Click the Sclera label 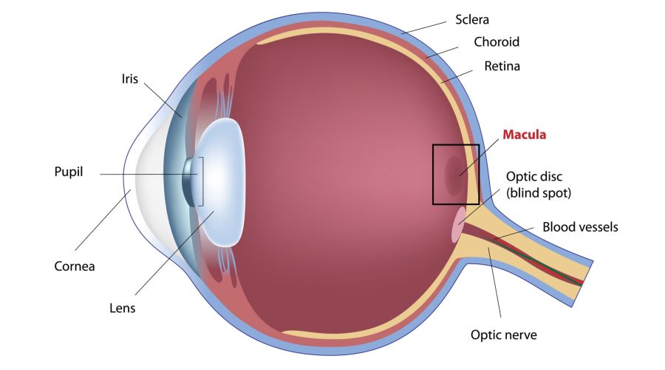(472, 19)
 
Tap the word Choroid (497, 41)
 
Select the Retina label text (502, 66)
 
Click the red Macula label (524, 135)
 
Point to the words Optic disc (534, 176)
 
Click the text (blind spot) (539, 193)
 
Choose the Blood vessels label (580, 227)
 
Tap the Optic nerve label (504, 334)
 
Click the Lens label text (122, 308)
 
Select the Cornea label (74, 266)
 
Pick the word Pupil (68, 172)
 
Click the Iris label (130, 79)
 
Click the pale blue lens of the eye (220, 181)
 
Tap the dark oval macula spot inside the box (455, 175)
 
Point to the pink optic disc (458, 224)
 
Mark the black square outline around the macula (433, 174)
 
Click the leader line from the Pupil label (149, 174)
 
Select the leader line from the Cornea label (103, 220)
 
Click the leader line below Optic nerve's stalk (494, 283)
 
